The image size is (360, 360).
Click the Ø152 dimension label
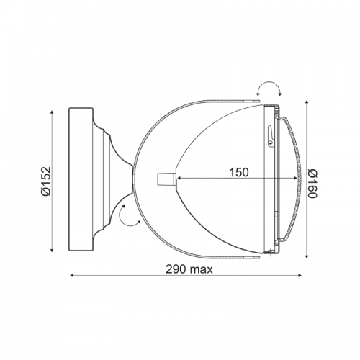click(46, 181)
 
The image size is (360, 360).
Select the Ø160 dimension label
click(312, 184)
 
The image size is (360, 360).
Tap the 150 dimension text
click(239, 172)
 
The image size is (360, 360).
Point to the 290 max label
click(189, 269)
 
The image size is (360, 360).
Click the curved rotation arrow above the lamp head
click(269, 82)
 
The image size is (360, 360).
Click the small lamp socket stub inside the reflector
click(166, 179)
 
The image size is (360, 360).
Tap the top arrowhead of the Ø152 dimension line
click(52, 112)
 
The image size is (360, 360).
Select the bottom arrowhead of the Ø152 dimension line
click(52, 250)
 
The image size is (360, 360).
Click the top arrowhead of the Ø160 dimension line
click(307, 103)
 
